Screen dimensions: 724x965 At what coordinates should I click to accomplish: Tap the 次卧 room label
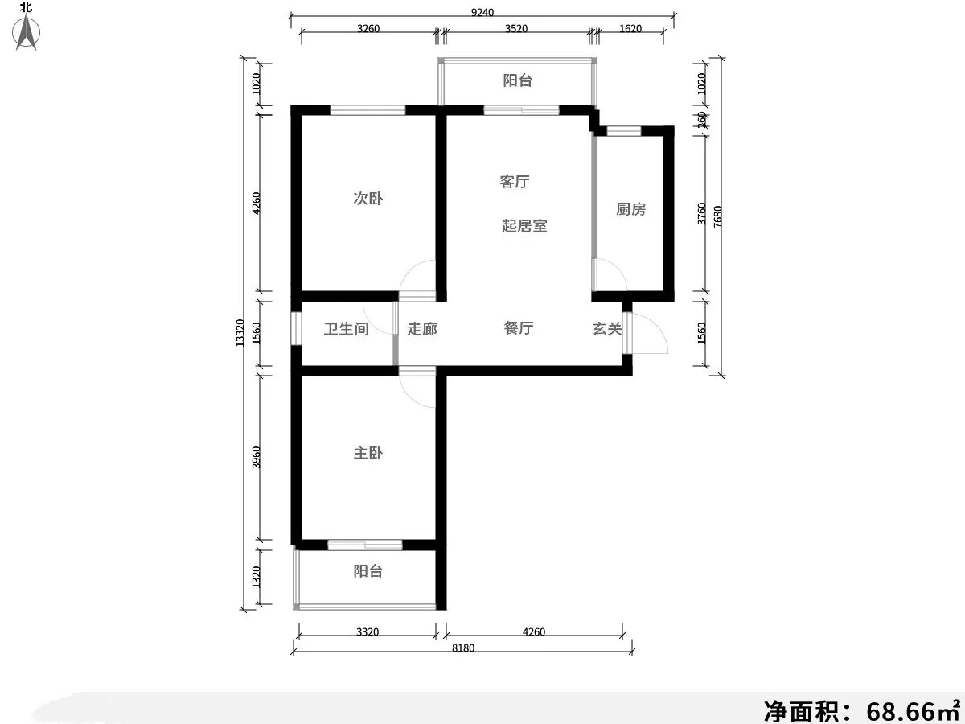click(368, 199)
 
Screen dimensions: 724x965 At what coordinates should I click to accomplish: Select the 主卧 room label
click(368, 453)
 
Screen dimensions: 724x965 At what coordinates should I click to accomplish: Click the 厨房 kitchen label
click(630, 209)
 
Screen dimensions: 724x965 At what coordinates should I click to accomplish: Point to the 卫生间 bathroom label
click(346, 329)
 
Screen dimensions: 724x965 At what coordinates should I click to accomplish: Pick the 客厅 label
click(514, 182)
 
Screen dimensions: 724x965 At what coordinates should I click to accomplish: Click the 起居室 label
click(524, 226)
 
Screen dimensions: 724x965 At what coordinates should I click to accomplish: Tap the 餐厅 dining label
click(519, 328)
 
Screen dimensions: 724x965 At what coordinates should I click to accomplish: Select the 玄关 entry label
click(607, 328)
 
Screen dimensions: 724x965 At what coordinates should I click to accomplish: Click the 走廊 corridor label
click(422, 329)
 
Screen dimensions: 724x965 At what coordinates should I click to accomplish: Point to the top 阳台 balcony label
click(517, 80)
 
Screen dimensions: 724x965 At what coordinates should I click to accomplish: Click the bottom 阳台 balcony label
click(368, 571)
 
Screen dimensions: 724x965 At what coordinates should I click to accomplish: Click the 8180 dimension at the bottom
click(462, 649)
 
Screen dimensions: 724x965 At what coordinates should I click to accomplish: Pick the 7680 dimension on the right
click(718, 217)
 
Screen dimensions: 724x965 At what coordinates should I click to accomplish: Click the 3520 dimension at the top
click(515, 29)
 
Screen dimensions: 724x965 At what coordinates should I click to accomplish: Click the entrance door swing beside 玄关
click(648, 332)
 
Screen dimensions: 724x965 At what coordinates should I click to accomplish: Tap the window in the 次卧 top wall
click(368, 110)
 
